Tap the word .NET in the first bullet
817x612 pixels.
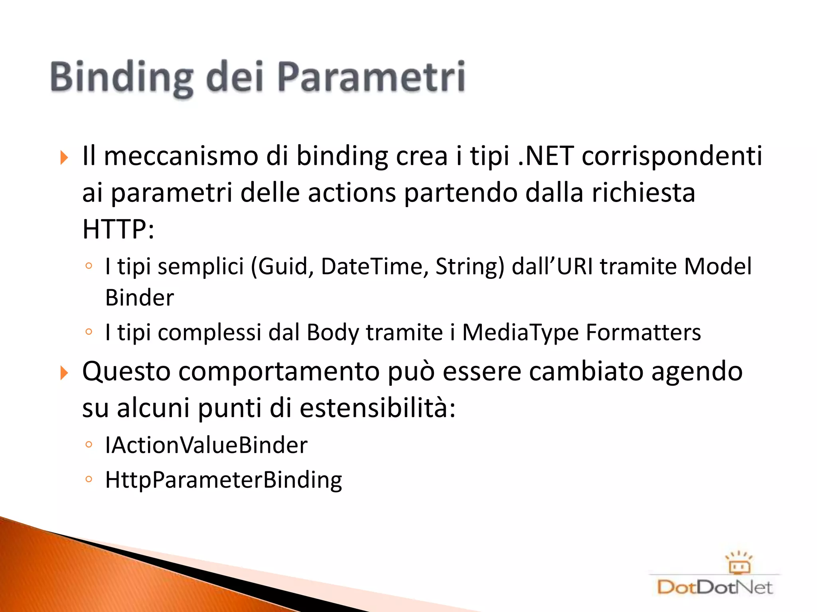pyautogui.click(x=546, y=156)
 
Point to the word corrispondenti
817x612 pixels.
pyautogui.click(x=672, y=156)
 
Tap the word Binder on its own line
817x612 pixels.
pyautogui.click(x=140, y=298)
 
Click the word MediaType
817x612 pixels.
pyautogui.click(x=520, y=332)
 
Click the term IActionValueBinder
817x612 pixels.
pyautogui.click(x=206, y=445)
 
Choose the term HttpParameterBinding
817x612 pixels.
pyautogui.click(x=223, y=480)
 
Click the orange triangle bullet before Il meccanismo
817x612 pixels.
pyautogui.click(x=64, y=158)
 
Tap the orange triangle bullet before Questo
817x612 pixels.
pyautogui.click(x=64, y=373)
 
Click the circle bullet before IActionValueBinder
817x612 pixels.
pyautogui.click(x=89, y=444)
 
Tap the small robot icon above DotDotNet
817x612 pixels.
pyautogui.click(x=739, y=563)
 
